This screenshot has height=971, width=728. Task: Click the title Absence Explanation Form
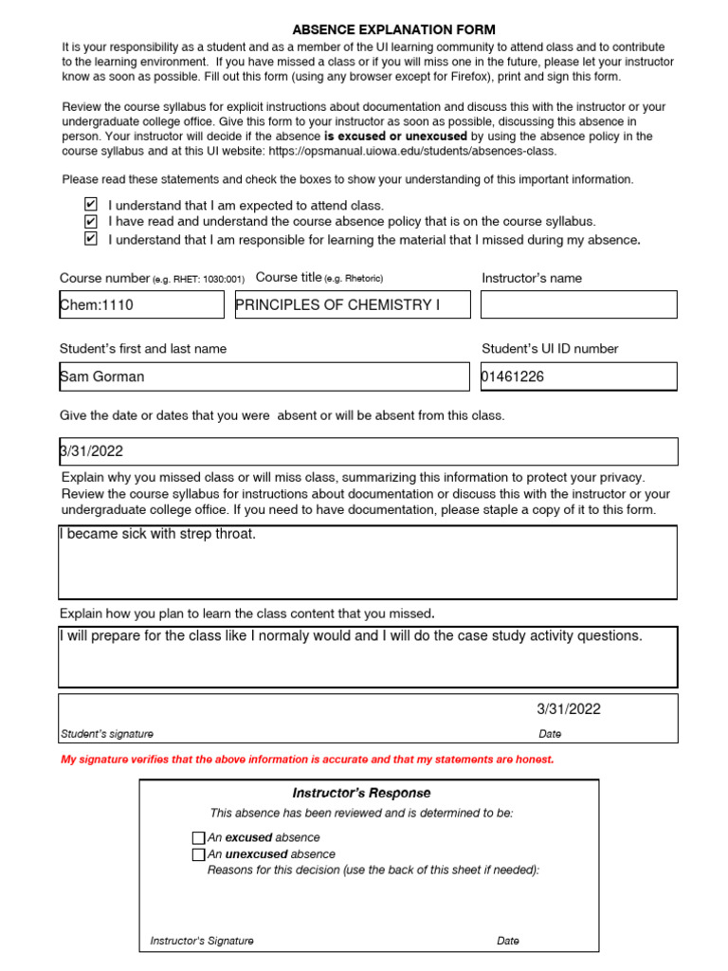pos(393,30)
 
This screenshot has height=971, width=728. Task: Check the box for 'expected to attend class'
pos(91,205)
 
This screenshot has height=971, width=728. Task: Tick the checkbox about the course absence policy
pos(91,222)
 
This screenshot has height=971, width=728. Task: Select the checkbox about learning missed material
pos(91,239)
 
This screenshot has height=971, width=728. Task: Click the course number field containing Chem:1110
pos(141,305)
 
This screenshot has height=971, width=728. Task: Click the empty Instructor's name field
pos(578,305)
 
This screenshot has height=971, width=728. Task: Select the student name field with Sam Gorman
pos(264,376)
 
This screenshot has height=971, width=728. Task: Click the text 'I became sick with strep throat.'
pos(157,534)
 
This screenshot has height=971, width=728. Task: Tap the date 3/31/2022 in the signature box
pos(569,709)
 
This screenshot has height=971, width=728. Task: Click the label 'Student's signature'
pos(107,734)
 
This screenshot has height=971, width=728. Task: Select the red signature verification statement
pos(307,760)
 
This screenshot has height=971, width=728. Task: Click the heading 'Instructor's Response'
pos(361,793)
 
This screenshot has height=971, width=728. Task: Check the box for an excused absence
pos(198,838)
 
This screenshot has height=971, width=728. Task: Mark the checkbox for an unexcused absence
pos(198,854)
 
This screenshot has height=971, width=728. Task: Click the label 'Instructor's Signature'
pos(202,941)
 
